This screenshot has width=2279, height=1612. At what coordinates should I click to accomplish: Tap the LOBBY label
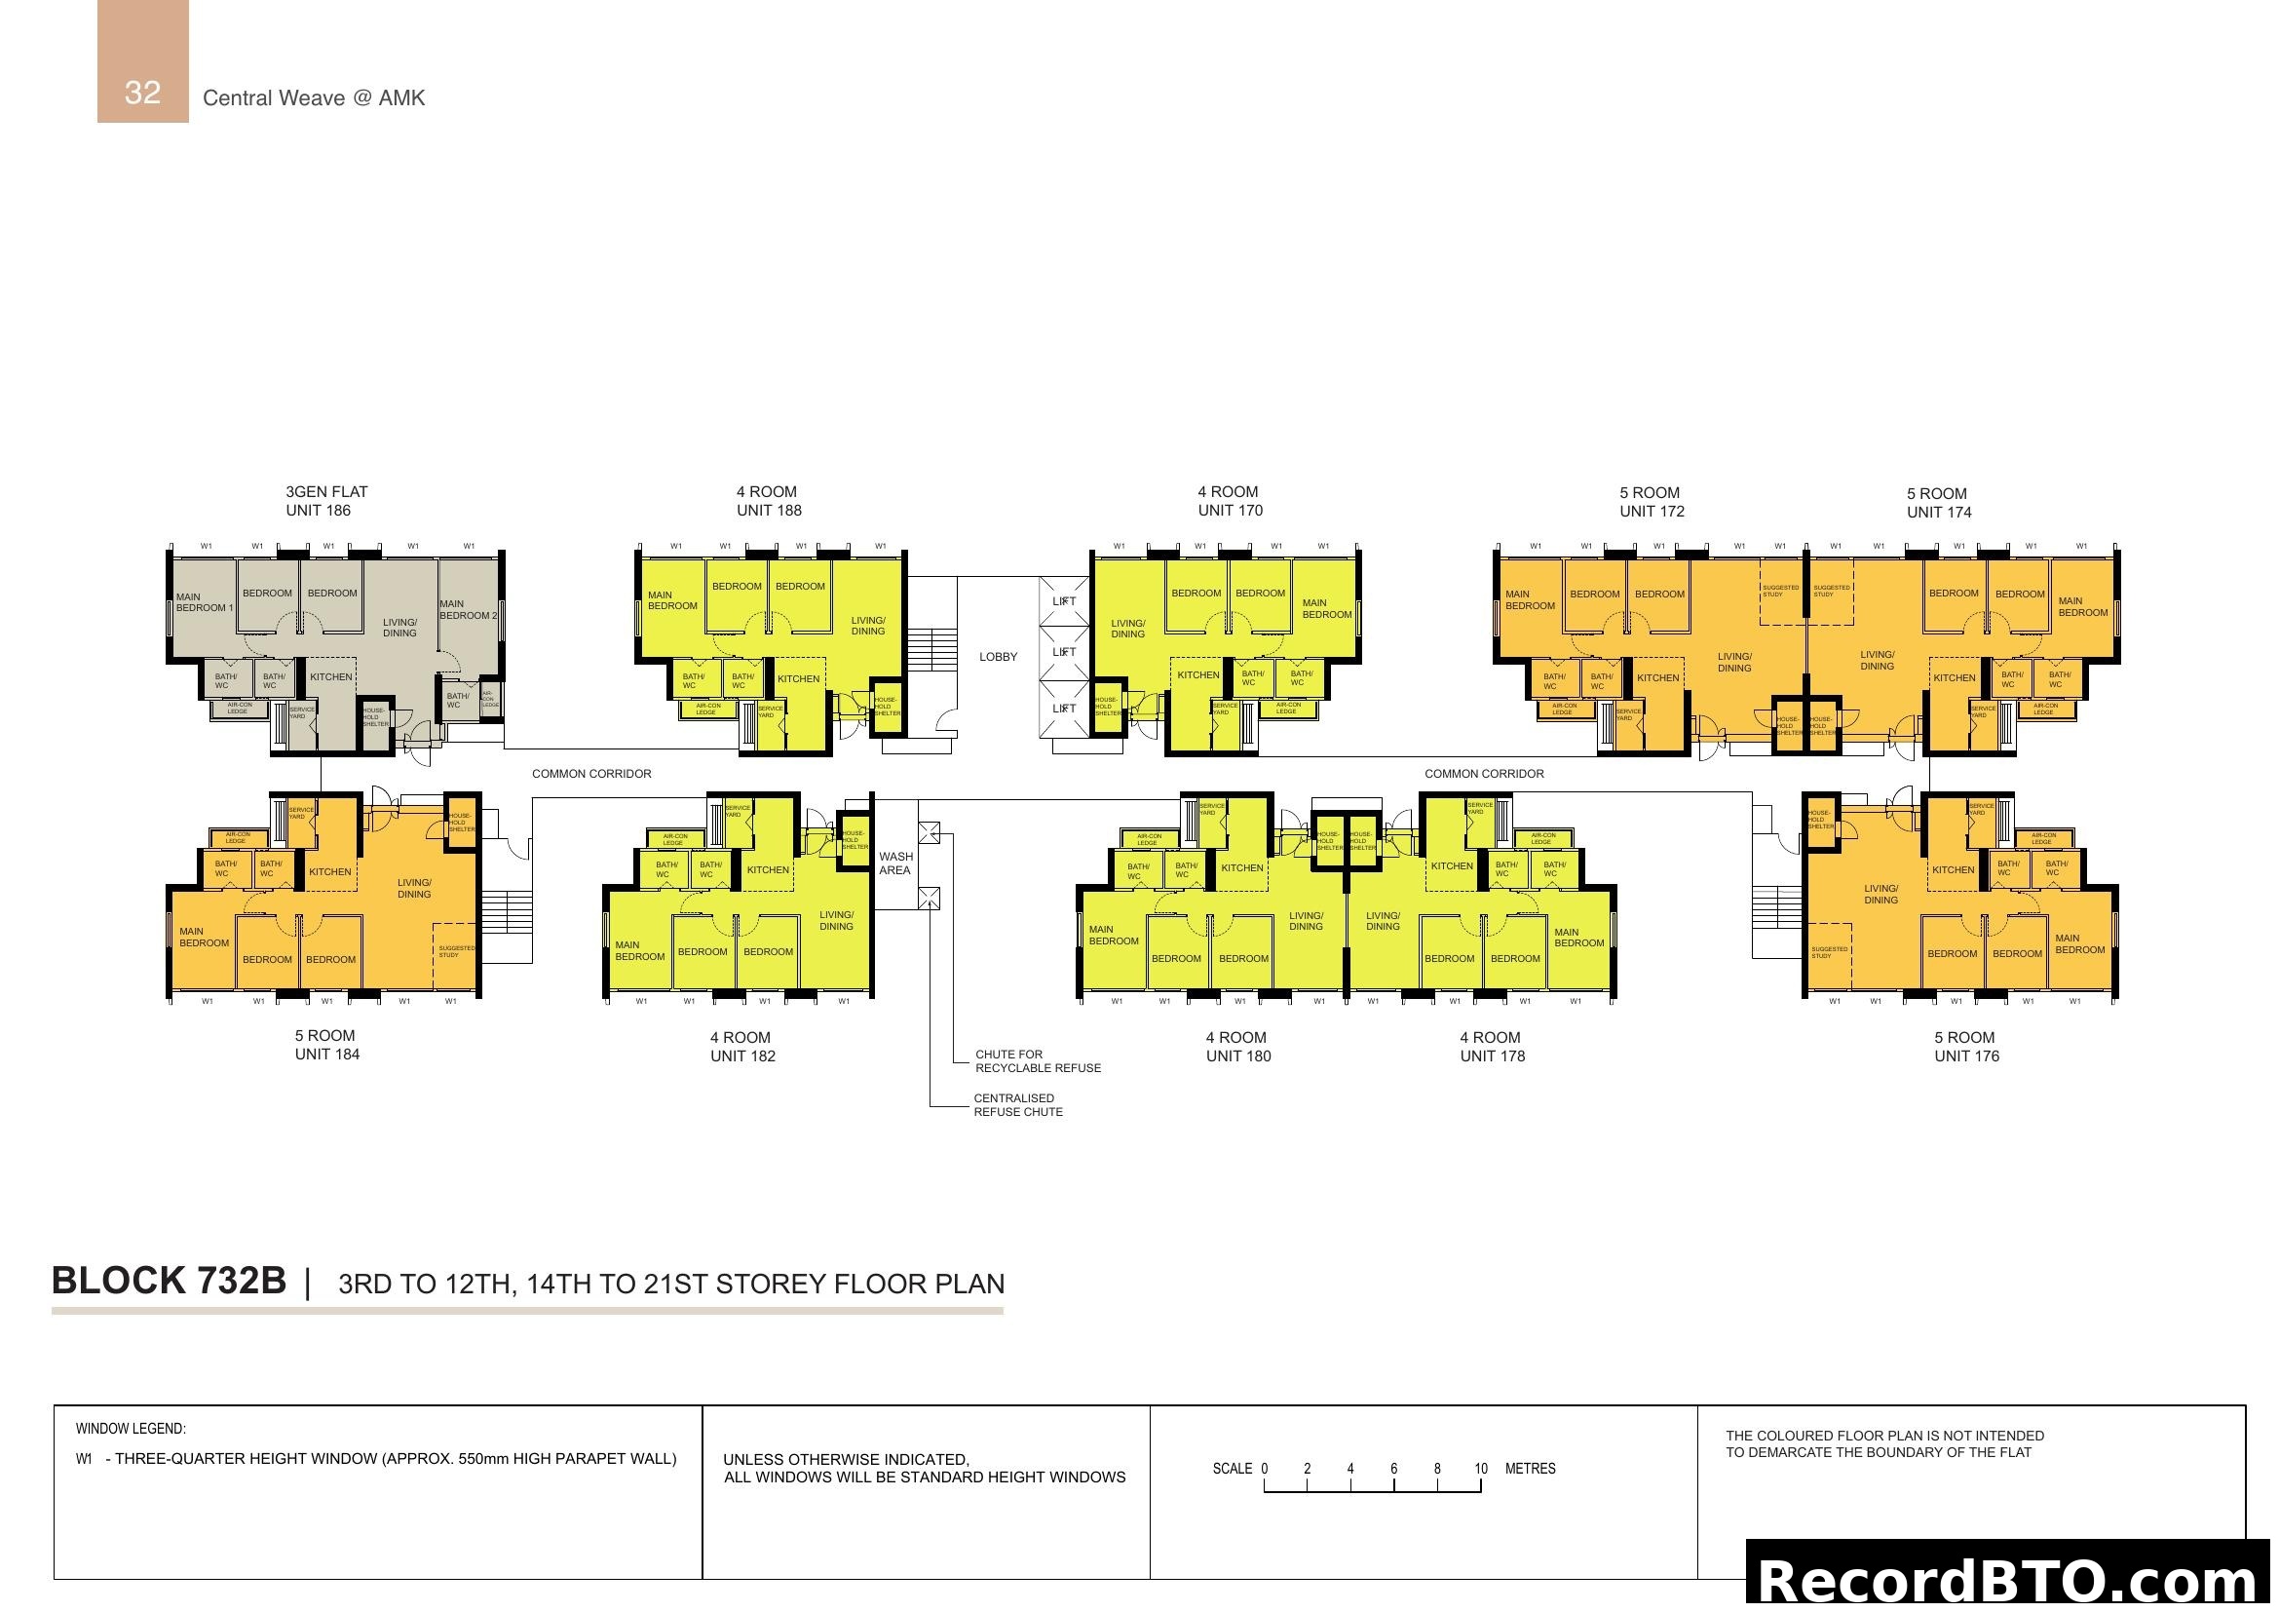click(998, 657)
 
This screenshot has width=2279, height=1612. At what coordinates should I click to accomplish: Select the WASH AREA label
click(895, 864)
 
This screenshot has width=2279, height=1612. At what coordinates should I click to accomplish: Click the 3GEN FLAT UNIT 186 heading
click(325, 501)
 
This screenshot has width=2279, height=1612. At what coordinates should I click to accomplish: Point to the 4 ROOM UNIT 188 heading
click(768, 501)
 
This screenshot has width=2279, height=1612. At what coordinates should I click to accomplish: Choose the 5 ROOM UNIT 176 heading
click(1965, 1047)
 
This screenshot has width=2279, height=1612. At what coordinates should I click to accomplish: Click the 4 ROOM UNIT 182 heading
click(742, 1047)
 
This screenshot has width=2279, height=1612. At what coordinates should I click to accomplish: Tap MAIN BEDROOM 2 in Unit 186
click(468, 609)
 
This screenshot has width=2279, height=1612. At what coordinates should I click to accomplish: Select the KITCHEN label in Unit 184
click(329, 872)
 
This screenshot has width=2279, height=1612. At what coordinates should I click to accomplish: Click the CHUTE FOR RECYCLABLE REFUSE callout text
click(1038, 1061)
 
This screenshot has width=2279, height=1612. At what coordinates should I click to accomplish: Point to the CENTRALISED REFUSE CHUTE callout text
click(1017, 1105)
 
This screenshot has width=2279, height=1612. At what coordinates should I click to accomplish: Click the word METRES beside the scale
click(1530, 1469)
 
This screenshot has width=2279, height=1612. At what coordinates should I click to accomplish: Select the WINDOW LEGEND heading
click(131, 1430)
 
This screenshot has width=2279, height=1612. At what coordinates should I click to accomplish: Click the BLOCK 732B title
click(169, 1282)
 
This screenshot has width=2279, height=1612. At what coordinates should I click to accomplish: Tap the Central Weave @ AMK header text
click(314, 98)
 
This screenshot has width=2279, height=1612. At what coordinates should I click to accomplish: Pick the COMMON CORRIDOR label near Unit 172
click(1483, 774)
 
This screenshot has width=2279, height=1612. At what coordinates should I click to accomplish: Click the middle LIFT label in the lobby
click(1063, 652)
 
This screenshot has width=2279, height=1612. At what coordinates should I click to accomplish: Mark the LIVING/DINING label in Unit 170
click(1127, 630)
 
